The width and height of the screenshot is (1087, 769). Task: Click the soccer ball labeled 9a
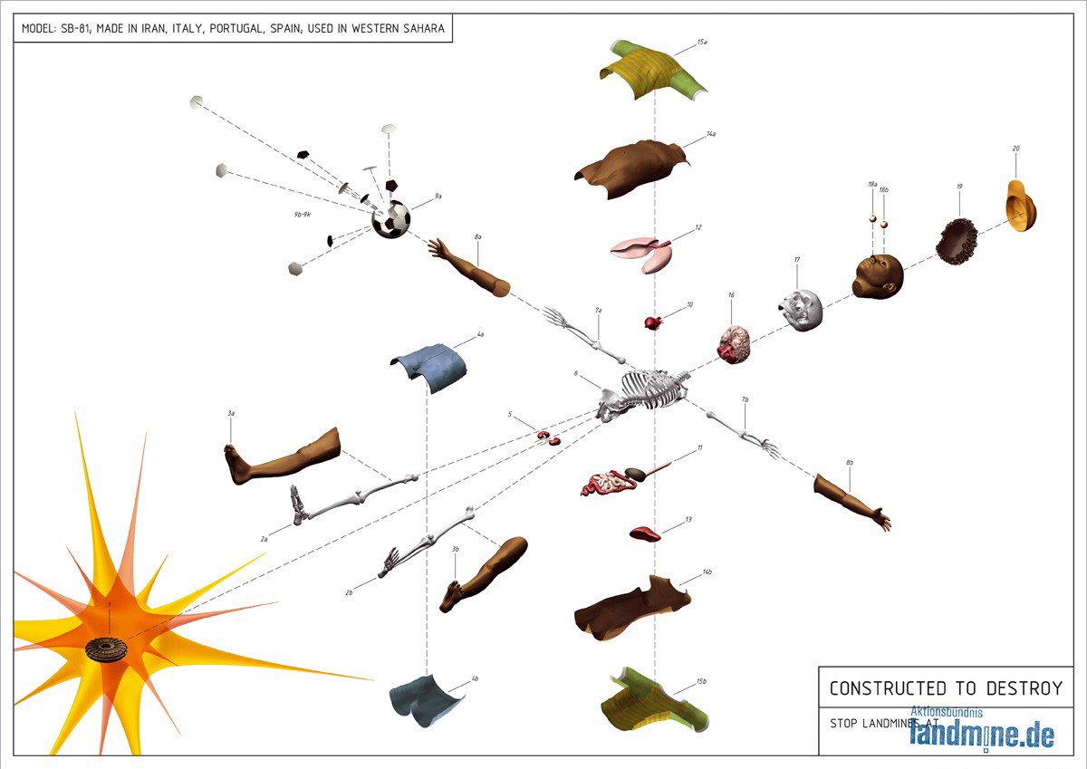tap(391, 219)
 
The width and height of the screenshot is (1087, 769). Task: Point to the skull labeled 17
tap(802, 310)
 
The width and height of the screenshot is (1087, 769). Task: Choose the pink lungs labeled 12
tap(644, 253)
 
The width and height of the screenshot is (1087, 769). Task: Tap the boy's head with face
tap(878, 276)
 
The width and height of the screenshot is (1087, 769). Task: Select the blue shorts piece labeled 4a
tap(430, 367)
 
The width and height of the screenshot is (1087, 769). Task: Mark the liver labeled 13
tap(645, 533)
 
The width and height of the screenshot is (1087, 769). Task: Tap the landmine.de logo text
tap(982, 732)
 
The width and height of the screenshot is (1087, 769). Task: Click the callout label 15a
tap(702, 42)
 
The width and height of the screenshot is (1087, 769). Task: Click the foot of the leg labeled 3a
tap(238, 465)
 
